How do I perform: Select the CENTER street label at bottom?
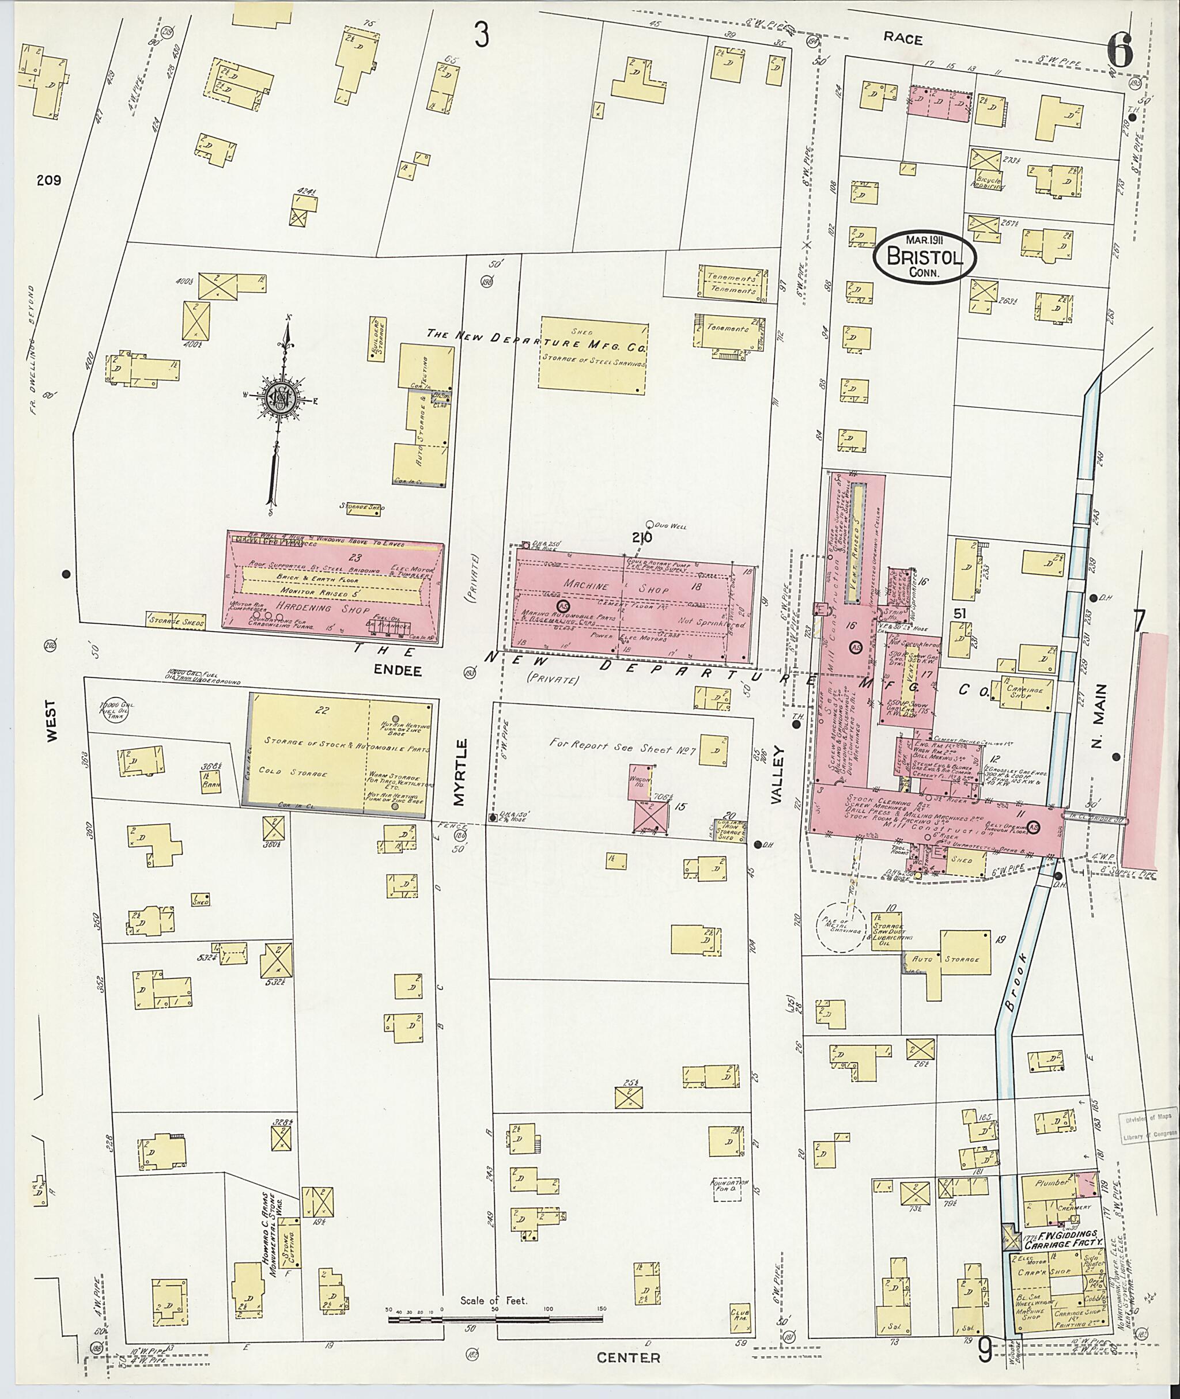click(x=628, y=1358)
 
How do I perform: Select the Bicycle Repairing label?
click(x=990, y=184)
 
